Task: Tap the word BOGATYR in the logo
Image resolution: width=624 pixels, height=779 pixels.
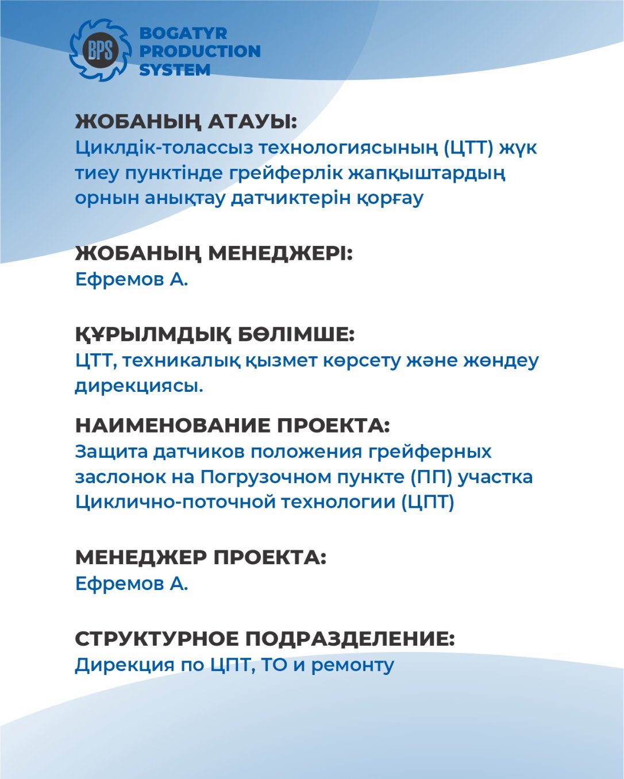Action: pyautogui.click(x=183, y=33)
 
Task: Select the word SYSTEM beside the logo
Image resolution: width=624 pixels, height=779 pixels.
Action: pyautogui.click(x=175, y=70)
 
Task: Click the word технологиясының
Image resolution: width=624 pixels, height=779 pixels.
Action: pyautogui.click(x=348, y=148)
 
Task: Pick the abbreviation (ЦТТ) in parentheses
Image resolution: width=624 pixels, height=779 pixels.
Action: pyautogui.click(x=468, y=148)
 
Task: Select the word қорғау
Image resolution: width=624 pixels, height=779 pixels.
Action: pyautogui.click(x=390, y=198)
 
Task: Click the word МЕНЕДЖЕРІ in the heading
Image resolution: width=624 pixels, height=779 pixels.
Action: pyautogui.click(x=280, y=253)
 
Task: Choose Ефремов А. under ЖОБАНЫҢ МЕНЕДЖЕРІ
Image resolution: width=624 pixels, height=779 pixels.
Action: pyautogui.click(x=132, y=280)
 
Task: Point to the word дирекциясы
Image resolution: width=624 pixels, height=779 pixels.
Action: pyautogui.click(x=139, y=386)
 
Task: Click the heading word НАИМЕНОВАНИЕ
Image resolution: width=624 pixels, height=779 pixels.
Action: pyautogui.click(x=172, y=426)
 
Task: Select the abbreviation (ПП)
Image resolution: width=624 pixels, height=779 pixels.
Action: pyautogui.click(x=431, y=477)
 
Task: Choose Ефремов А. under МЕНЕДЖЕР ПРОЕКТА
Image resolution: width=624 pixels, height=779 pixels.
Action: pyautogui.click(x=132, y=584)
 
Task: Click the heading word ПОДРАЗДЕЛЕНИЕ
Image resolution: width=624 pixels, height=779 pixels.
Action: pyautogui.click(x=350, y=639)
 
